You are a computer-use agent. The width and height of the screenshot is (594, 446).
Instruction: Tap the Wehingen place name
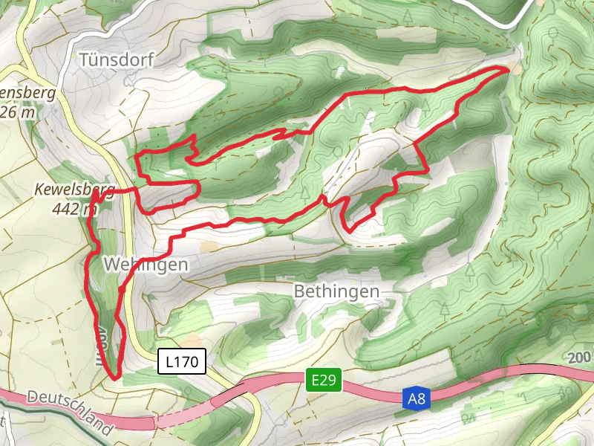(146, 264)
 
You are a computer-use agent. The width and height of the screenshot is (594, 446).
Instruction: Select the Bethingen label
(336, 291)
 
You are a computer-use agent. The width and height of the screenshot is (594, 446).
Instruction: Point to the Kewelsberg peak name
(74, 191)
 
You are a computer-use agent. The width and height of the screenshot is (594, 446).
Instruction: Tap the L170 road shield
(181, 363)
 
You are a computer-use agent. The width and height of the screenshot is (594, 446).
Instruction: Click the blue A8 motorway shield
(417, 400)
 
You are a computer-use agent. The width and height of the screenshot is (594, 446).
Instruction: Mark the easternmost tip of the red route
(509, 68)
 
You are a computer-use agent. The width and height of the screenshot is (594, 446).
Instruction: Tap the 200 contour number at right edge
(580, 357)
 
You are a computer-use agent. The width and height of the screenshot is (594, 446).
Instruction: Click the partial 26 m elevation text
(19, 111)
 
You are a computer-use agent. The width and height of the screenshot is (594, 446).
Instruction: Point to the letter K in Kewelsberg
(39, 191)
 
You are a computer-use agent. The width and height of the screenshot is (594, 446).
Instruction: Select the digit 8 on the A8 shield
(422, 400)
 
